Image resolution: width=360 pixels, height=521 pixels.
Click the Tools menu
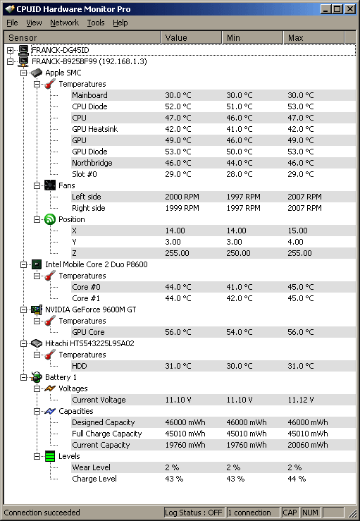pyautogui.click(x=96, y=23)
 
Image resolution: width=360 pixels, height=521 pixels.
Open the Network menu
pyautogui.click(x=64, y=23)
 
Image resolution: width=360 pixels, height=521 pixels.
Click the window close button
pyautogui.click(x=350, y=8)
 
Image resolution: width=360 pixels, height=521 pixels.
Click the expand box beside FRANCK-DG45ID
pyautogui.click(x=10, y=50)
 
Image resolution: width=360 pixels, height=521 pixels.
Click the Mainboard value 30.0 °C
pyautogui.click(x=178, y=95)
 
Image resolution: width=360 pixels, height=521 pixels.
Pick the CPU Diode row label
pyautogui.click(x=89, y=106)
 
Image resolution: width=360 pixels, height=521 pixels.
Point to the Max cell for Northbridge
pyautogui.click(x=301, y=163)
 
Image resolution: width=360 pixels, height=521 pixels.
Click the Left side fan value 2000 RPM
pyautogui.click(x=182, y=197)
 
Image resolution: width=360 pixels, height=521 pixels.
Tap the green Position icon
pyautogui.click(x=50, y=219)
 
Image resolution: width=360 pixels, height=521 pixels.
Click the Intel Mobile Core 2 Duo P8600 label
pyautogui.click(x=96, y=264)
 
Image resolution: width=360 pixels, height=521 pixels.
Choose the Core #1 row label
pyautogui.click(x=86, y=298)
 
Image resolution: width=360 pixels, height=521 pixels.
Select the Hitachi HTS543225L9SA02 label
pyautogui.click(x=89, y=343)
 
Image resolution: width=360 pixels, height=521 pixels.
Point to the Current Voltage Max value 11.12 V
pyautogui.click(x=301, y=400)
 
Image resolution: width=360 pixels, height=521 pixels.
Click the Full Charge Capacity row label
pyautogui.click(x=106, y=434)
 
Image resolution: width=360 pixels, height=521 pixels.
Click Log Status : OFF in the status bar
pyautogui.click(x=193, y=513)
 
